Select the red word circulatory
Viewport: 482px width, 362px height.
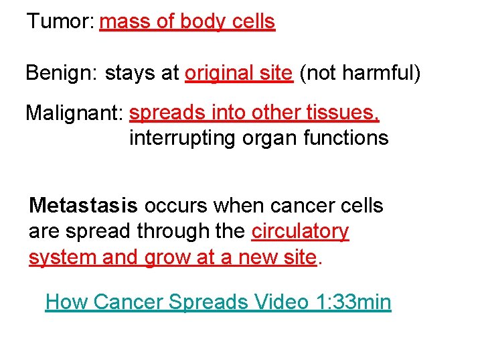[300, 231]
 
